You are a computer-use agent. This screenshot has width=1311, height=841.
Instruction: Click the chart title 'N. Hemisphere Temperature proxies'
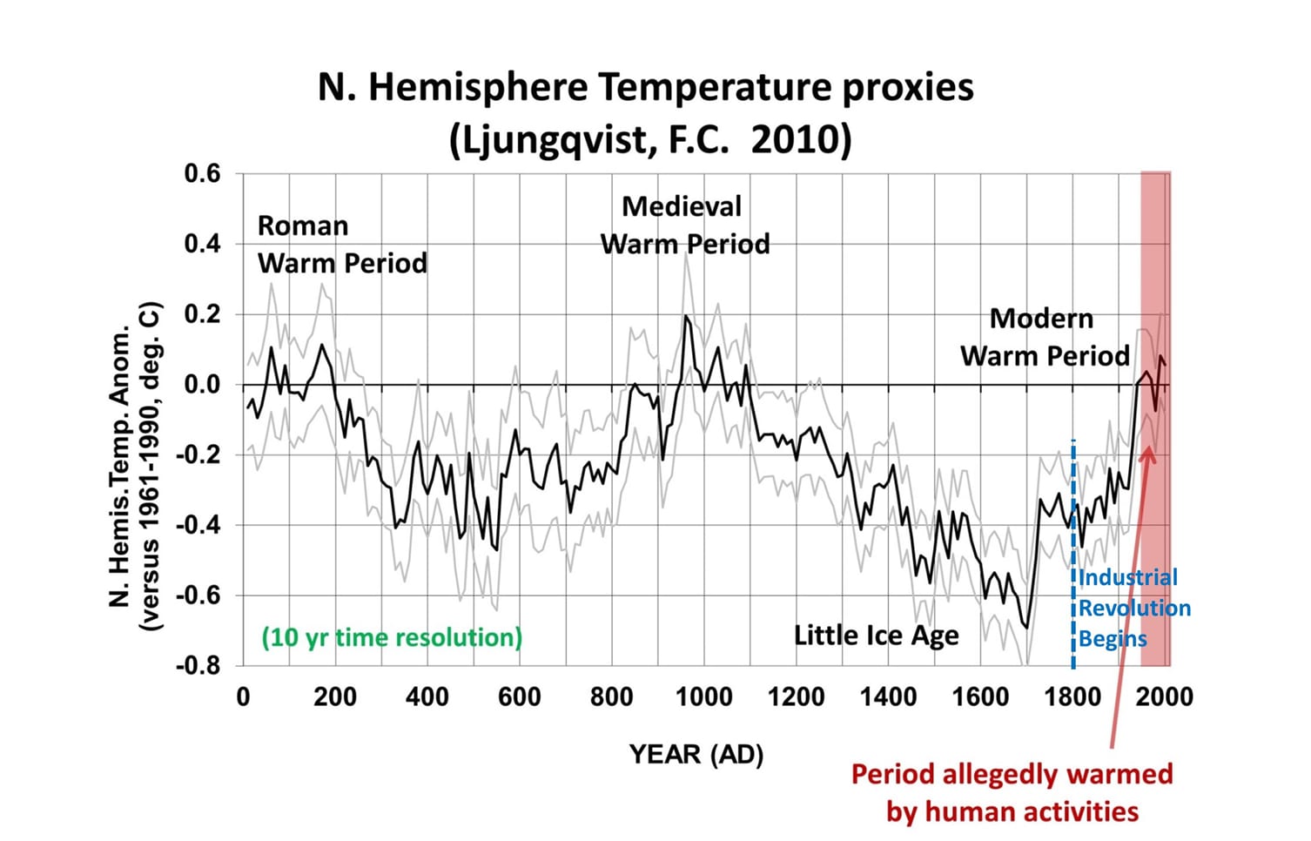[645, 87]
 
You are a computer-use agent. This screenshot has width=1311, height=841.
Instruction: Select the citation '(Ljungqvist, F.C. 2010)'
[650, 139]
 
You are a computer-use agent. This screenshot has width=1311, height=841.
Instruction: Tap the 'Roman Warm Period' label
[342, 245]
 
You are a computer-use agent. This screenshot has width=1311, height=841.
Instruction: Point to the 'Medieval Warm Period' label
[684, 225]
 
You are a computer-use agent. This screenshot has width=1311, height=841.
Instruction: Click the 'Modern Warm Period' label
[1045, 337]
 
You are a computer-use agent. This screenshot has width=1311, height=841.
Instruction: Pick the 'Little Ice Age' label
[876, 636]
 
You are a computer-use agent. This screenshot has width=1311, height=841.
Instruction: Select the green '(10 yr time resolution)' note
[392, 637]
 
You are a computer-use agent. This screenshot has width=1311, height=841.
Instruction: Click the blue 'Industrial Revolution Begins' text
[1133, 608]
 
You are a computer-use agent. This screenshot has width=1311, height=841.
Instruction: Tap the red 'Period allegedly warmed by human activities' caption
[1012, 792]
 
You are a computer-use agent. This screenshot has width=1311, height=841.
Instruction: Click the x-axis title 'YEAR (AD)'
[696, 754]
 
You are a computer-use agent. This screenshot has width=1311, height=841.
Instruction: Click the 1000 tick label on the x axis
[703, 697]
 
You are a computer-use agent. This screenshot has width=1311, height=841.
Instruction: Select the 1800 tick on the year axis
[1072, 697]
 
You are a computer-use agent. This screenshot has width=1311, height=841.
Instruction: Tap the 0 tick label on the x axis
[243, 697]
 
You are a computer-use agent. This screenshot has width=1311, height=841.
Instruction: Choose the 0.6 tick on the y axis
[202, 174]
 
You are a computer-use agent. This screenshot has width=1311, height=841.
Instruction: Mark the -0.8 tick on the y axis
[198, 666]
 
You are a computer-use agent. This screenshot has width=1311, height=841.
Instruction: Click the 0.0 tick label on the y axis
[202, 385]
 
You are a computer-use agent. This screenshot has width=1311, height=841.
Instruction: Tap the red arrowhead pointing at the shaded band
[1147, 454]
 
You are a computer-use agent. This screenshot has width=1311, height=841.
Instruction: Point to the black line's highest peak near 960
[686, 316]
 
